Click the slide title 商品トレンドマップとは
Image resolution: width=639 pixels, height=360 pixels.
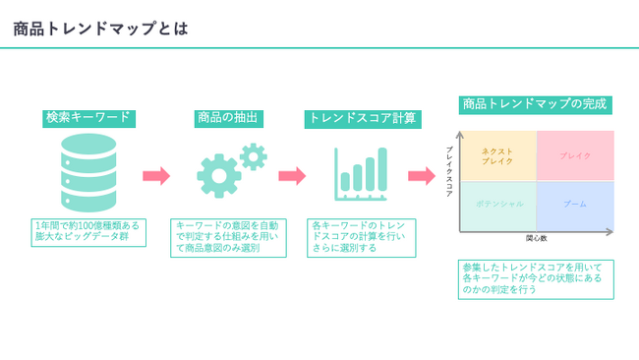pyautogui.click(x=100, y=29)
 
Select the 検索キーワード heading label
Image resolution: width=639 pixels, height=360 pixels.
pyautogui.click(x=88, y=118)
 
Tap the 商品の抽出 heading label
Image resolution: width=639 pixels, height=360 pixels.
pyautogui.click(x=229, y=118)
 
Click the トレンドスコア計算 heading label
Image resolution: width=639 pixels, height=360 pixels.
pyautogui.click(x=363, y=119)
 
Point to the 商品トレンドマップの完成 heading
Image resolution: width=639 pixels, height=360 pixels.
pyautogui.click(x=535, y=105)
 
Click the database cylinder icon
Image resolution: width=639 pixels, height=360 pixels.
pyautogui.click(x=88, y=172)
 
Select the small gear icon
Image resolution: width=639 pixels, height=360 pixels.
pyautogui.click(x=254, y=156)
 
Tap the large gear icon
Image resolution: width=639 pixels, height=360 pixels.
pyautogui.click(x=219, y=176)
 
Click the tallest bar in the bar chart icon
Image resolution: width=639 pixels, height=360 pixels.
pyautogui.click(x=382, y=169)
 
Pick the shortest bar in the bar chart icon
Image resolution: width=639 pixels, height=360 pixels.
pyautogui.click(x=345, y=181)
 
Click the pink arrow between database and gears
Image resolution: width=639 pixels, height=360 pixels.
pyautogui.click(x=156, y=176)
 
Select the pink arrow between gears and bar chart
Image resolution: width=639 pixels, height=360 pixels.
pyautogui.click(x=292, y=176)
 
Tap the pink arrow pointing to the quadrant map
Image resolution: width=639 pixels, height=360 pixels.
pyautogui.click(x=422, y=176)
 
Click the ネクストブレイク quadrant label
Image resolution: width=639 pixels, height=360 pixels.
pyautogui.click(x=497, y=156)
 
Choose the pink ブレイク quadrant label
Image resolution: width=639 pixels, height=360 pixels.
pyautogui.click(x=575, y=155)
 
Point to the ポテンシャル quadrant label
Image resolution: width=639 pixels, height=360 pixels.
pyautogui.click(x=499, y=204)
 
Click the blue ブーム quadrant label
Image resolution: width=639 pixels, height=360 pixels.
pyautogui.click(x=575, y=204)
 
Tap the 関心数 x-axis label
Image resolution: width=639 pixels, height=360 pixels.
pyautogui.click(x=537, y=238)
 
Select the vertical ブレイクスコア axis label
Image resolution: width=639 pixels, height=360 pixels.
pyautogui.click(x=449, y=172)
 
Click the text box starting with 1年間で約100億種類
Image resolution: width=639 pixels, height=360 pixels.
pyautogui.click(x=88, y=233)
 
